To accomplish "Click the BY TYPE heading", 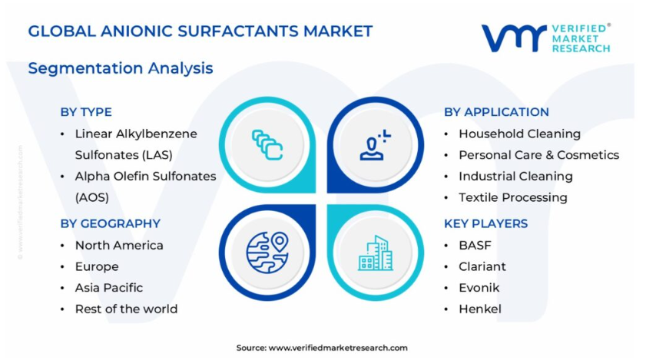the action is [x=86, y=112].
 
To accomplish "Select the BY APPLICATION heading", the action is [x=496, y=112].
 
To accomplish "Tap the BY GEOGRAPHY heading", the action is [x=111, y=223].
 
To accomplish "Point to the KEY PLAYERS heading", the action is [x=485, y=223].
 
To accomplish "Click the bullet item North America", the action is [x=119, y=246].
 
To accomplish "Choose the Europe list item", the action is [x=97, y=267].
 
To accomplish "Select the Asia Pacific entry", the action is [x=109, y=288].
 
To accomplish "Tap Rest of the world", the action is [x=126, y=309].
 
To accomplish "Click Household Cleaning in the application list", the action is [x=519, y=134].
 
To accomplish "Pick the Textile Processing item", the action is [x=513, y=198].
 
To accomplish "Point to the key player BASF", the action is [x=475, y=246].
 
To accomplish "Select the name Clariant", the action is [x=482, y=266].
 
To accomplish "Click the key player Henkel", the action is [x=480, y=309].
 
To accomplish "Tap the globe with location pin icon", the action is [x=267, y=252].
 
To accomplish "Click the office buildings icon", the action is [x=376, y=253].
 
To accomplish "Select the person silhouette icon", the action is [x=375, y=145].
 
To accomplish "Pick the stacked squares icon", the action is [x=267, y=144].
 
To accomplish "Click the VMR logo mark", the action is [x=514, y=38].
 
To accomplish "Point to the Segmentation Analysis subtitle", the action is [x=121, y=68].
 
